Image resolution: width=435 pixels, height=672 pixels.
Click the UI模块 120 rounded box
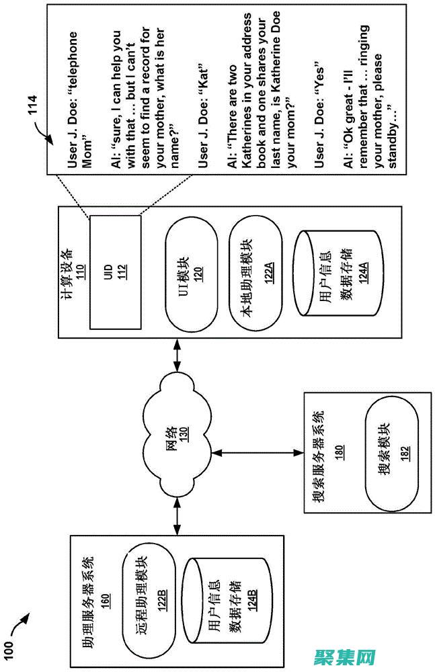192,274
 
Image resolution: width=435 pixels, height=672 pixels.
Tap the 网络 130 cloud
177,437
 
